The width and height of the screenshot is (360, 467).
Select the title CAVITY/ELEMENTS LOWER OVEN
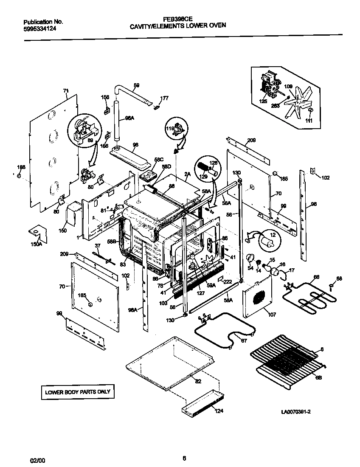click(178, 25)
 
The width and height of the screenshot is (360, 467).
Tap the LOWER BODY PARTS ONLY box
click(78, 392)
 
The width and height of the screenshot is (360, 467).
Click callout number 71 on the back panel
click(66, 90)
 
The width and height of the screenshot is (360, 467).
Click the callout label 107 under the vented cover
click(271, 315)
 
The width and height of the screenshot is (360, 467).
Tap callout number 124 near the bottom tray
click(218, 411)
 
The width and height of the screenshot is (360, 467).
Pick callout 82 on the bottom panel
click(198, 381)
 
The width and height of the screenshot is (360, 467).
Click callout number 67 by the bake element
click(243, 340)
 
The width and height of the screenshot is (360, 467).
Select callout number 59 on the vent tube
click(136, 85)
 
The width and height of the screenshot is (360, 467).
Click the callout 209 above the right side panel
click(251, 140)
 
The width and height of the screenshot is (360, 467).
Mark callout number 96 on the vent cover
click(135, 144)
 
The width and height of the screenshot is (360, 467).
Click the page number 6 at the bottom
click(184, 458)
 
